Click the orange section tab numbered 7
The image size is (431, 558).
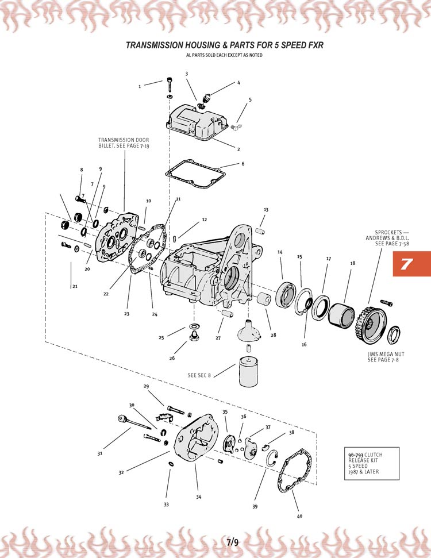(x=412, y=264)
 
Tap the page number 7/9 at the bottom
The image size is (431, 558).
(x=233, y=542)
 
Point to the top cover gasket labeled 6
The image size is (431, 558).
(x=196, y=174)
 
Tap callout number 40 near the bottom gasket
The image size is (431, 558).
(x=299, y=516)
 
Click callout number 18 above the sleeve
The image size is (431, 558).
(x=353, y=263)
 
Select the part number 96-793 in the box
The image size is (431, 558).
(x=356, y=455)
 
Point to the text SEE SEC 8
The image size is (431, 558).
(x=199, y=375)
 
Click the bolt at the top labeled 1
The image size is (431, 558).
(x=170, y=84)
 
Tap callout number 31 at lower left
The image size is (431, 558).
(x=99, y=453)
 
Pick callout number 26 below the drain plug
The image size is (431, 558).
(x=172, y=358)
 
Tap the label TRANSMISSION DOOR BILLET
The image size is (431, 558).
(x=124, y=143)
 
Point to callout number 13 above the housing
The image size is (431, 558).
(x=266, y=210)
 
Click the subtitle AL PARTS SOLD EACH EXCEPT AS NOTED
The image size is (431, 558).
(x=224, y=55)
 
